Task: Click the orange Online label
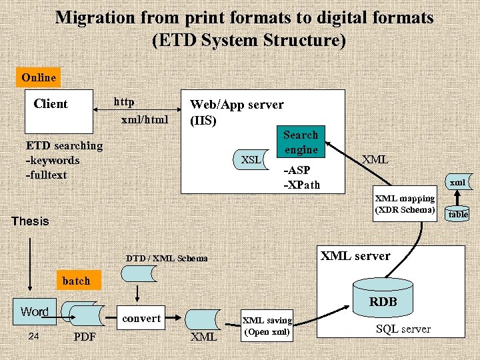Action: tap(39, 77)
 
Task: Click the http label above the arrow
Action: tap(124, 102)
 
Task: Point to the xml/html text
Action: tap(145, 120)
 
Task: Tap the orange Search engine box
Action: tap(301, 142)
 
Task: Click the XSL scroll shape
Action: tap(251, 160)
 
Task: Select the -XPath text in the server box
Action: tap(302, 184)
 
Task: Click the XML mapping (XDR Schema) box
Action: tap(405, 204)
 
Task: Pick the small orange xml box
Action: tap(457, 182)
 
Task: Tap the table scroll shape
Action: tap(458, 214)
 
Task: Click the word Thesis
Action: tap(31, 221)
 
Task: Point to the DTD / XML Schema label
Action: tap(167, 258)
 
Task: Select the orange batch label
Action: tap(76, 281)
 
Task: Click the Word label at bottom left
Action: tap(35, 311)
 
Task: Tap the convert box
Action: tap(141, 318)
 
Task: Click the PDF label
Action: tap(85, 337)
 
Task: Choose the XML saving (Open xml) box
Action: tap(267, 326)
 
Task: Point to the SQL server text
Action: tap(403, 329)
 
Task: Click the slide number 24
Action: tap(35, 336)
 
